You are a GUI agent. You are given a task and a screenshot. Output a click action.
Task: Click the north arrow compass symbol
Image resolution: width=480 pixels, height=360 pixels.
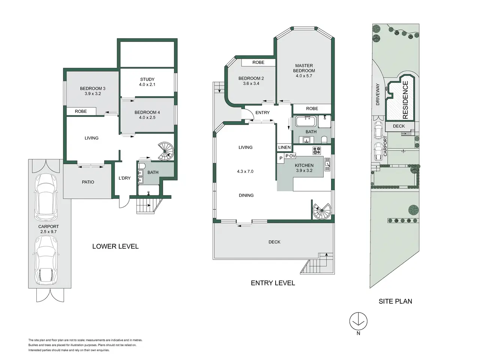(358, 321)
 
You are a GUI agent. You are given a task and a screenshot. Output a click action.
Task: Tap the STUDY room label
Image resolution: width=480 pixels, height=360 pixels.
(147, 79)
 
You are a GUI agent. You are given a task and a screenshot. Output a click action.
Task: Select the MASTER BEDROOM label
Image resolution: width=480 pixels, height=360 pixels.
(304, 68)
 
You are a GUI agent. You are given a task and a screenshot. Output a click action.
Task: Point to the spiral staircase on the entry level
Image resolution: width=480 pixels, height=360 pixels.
(322, 211)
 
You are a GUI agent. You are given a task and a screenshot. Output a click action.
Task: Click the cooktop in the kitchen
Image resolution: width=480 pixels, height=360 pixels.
(316, 151)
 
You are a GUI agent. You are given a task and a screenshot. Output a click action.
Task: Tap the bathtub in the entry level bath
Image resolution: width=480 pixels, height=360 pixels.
(306, 121)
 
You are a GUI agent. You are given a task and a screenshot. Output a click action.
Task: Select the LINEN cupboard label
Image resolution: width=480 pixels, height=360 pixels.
(285, 147)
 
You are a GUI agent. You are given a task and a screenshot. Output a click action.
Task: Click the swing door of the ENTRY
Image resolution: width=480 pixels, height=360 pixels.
(246, 114)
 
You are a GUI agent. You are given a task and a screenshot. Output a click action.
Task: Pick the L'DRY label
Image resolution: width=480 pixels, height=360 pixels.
(124, 178)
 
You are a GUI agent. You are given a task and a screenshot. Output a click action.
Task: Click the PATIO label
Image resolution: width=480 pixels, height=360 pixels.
(88, 182)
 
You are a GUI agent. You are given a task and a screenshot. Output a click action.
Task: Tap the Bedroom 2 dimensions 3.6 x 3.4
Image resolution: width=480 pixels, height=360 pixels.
(251, 84)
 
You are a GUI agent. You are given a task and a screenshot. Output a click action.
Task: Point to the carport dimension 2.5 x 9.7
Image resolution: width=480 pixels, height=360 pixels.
(48, 232)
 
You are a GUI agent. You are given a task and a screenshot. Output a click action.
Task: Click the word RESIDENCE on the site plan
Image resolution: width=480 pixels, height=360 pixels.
(405, 100)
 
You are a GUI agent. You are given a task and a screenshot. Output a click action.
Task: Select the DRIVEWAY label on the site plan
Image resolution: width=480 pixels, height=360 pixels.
(378, 94)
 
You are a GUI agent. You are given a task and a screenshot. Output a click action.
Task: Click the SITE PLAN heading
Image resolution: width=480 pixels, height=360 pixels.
(395, 301)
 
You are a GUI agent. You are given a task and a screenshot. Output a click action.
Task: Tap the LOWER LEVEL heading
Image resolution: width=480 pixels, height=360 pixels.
(115, 246)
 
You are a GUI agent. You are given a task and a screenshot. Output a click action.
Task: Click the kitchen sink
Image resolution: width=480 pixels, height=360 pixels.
(327, 164)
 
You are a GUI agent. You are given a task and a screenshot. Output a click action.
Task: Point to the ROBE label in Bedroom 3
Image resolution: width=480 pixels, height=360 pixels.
(81, 111)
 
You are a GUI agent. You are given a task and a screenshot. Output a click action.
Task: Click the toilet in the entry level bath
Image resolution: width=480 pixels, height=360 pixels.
(324, 139)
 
